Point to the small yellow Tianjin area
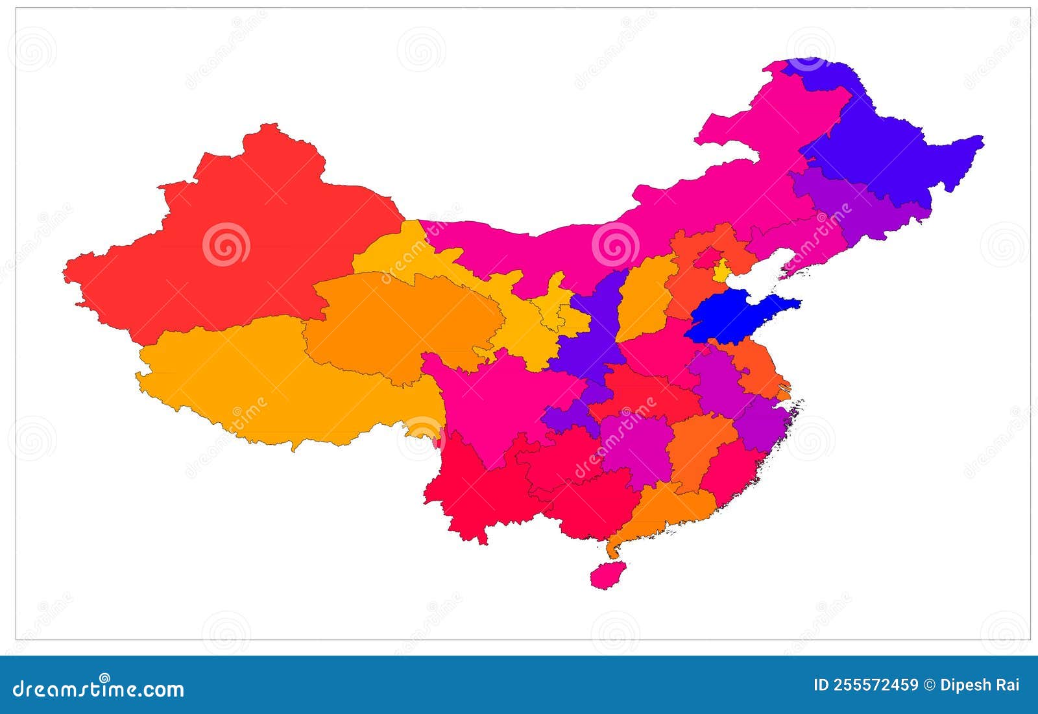tap(721, 271)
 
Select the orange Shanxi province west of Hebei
tap(646, 298)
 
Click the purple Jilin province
tap(856, 208)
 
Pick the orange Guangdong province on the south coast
tap(668, 509)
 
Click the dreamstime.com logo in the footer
tap(97, 687)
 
